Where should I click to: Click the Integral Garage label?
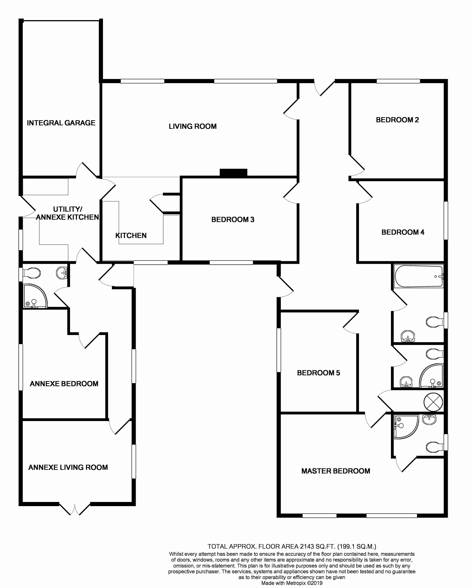coord(61,123)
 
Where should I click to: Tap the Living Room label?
coord(193,126)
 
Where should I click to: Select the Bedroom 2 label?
coord(397,120)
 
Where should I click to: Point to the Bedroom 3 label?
coord(233,219)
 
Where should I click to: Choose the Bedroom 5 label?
coord(318,373)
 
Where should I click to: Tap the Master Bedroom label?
coord(336,471)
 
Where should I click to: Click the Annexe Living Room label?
coord(68,468)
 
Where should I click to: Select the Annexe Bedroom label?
coord(64,384)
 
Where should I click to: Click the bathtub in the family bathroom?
coord(419,276)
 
